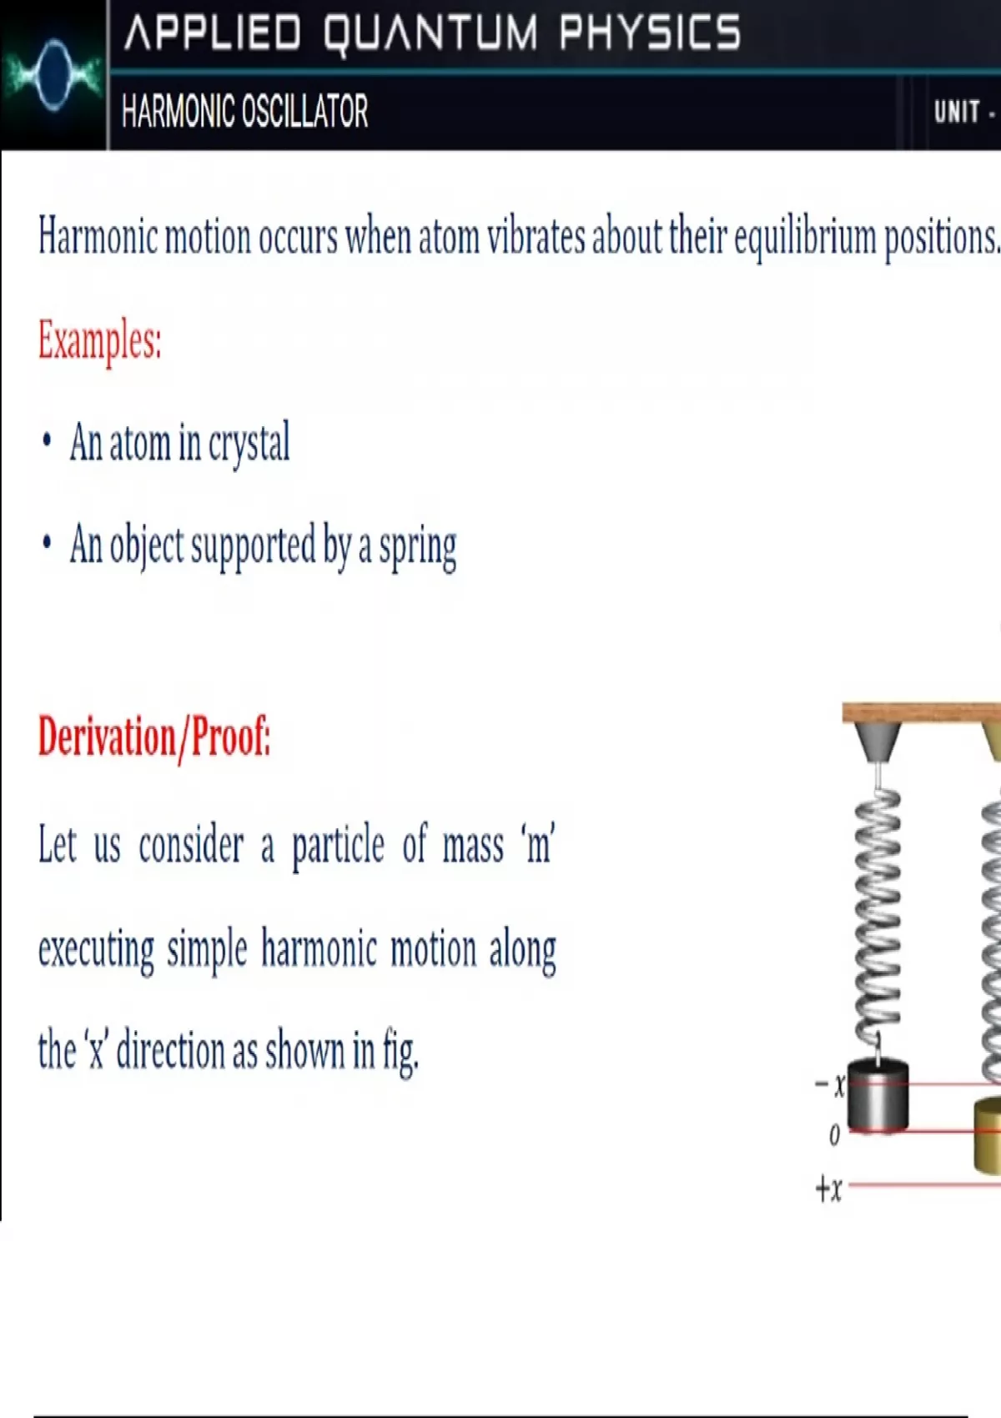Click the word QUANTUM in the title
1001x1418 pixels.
click(430, 33)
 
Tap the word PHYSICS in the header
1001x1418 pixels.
click(650, 33)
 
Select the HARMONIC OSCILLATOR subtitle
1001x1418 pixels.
click(244, 111)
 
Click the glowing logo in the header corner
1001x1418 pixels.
click(53, 75)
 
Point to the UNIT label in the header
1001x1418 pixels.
click(957, 113)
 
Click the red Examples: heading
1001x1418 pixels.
click(100, 340)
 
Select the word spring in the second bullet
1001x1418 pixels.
click(418, 547)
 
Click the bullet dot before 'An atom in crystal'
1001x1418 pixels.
click(46, 440)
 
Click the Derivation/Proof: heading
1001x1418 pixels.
click(154, 737)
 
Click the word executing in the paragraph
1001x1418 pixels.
click(96, 950)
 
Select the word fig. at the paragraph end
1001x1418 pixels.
click(400, 1052)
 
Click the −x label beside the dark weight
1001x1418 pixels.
click(829, 1086)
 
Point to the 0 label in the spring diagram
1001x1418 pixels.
click(834, 1135)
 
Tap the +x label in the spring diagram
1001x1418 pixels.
click(829, 1189)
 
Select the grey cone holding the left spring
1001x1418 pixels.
click(878, 742)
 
